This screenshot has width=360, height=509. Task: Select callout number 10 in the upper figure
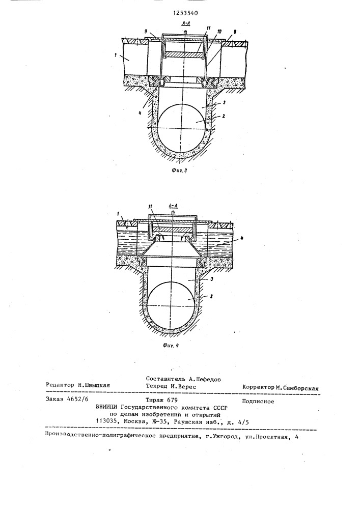[x=219, y=32]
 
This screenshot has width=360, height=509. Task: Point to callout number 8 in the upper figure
[x=235, y=32]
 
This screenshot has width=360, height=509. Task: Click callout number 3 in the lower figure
[x=211, y=278]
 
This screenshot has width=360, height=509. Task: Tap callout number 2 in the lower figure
[x=211, y=296]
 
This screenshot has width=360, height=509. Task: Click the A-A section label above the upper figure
[x=185, y=24]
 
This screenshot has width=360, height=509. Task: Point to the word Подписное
[x=258, y=401]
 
